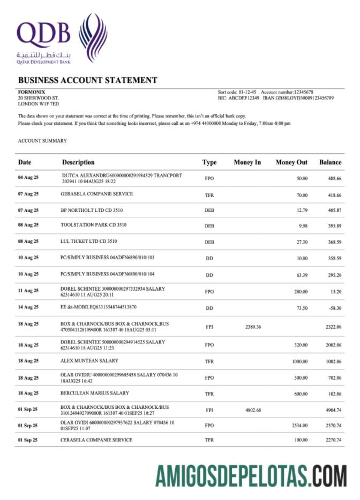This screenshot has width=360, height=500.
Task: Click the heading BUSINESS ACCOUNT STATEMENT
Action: (88, 80)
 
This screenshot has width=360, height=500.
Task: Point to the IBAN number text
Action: (305, 98)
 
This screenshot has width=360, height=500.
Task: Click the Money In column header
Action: (247, 162)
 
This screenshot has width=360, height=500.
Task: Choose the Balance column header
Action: (330, 162)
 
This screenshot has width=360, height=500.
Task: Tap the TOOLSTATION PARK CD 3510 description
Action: (94, 225)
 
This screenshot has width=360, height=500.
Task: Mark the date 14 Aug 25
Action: (28, 307)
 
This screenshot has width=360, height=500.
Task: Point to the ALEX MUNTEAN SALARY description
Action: (89, 361)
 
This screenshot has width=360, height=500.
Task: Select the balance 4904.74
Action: (333, 411)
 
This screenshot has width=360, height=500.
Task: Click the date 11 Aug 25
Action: (28, 291)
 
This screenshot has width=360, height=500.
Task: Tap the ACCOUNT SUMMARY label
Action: (42, 141)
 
